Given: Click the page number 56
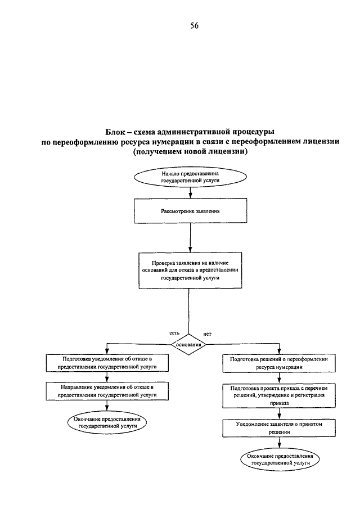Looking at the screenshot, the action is click(194, 26).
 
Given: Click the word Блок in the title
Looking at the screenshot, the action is click(114, 132).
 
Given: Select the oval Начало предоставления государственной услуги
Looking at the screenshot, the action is click(190, 177).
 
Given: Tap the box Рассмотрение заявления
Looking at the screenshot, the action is click(190, 211).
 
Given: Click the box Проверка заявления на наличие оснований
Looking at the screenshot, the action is click(190, 271).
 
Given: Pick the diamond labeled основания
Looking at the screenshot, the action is click(188, 344).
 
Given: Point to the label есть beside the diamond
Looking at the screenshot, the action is click(174, 333).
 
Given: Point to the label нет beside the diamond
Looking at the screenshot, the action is click(207, 334).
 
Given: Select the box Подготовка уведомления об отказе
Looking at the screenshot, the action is click(107, 363).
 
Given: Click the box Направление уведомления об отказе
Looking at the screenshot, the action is click(107, 391).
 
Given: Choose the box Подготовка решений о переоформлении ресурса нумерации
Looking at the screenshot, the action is click(279, 363).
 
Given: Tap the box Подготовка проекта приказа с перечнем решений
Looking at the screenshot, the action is click(279, 396).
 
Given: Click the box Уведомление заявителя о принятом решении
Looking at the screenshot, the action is click(279, 428).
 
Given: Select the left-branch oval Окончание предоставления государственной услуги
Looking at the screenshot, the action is click(107, 422).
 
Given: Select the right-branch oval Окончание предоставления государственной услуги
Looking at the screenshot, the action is click(280, 460).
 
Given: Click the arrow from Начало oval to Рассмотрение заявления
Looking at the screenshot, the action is click(191, 192).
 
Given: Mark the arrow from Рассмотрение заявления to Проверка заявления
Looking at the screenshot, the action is click(190, 237).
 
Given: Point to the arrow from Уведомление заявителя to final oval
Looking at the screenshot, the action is click(280, 443).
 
